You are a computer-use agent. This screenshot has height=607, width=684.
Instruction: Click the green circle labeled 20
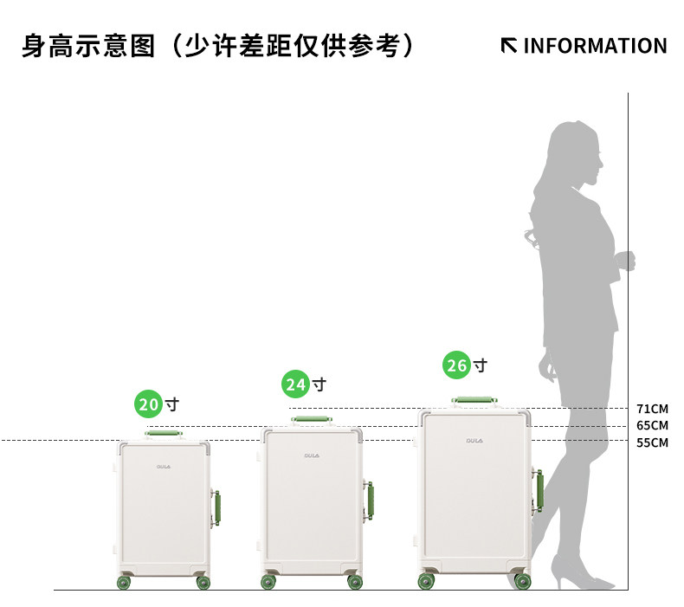click(x=150, y=404)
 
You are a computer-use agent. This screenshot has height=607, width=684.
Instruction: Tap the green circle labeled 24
click(x=296, y=384)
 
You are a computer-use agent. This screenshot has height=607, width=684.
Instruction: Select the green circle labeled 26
click(x=456, y=365)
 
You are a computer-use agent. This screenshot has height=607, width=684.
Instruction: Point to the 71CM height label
click(x=652, y=409)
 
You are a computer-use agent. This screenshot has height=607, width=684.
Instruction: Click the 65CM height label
click(x=652, y=425)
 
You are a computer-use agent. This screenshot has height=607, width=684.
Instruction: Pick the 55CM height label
click(x=652, y=442)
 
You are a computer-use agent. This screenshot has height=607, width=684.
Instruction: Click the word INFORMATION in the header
click(x=595, y=46)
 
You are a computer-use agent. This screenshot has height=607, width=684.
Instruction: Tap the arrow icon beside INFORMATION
click(x=509, y=45)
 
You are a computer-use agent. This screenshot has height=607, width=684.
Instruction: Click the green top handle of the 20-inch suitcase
click(x=164, y=431)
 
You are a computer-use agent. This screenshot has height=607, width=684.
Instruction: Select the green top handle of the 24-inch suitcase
click(x=310, y=419)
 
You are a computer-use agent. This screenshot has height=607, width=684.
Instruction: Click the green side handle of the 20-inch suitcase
click(x=216, y=508)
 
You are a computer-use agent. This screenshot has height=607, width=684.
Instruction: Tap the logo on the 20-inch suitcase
click(x=163, y=466)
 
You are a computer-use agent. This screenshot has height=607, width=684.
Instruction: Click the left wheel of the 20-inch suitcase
click(x=124, y=583)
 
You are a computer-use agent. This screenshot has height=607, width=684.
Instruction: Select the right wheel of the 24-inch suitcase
click(x=355, y=582)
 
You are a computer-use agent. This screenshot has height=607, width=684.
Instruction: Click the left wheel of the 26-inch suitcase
click(x=427, y=581)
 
